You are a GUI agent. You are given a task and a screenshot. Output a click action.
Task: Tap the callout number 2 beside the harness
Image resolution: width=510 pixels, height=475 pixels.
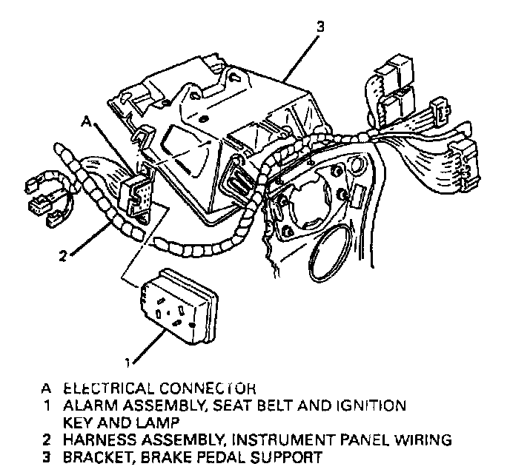(x=64, y=257)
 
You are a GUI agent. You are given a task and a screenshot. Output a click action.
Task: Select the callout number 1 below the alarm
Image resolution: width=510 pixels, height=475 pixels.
(x=129, y=362)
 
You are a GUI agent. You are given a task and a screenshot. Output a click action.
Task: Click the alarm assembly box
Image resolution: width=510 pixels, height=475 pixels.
(x=179, y=304)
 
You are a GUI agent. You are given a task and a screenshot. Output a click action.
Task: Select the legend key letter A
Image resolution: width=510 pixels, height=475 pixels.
(x=48, y=388)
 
